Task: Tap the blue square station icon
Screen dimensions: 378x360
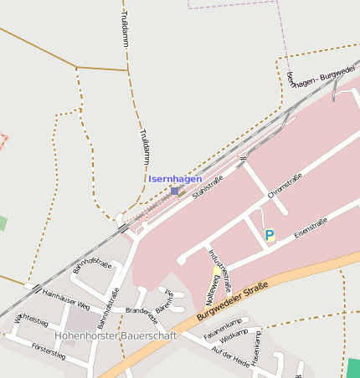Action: pos(174,191)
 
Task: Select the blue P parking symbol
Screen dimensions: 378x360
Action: pos(270,236)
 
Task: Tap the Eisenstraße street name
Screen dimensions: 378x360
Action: pos(311,227)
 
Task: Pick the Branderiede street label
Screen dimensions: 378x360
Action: pos(141,315)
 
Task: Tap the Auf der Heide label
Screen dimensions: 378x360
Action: pos(232,357)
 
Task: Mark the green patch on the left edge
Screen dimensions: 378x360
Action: pos(3,223)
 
